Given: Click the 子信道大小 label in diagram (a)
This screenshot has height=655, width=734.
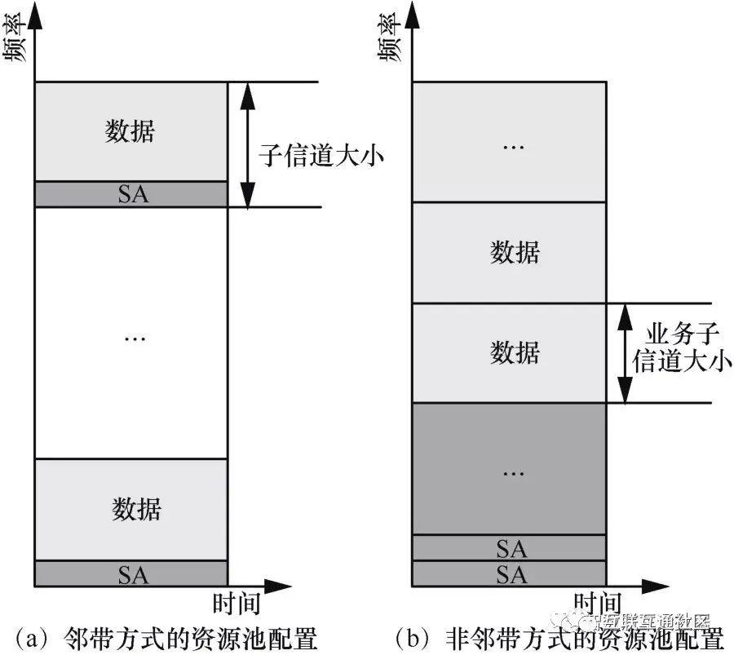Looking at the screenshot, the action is pyautogui.click(x=321, y=155).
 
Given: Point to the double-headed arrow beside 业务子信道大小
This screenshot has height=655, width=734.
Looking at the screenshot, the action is pyautogui.click(x=626, y=352).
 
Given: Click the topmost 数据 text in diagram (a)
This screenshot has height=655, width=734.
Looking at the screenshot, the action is pyautogui.click(x=130, y=131).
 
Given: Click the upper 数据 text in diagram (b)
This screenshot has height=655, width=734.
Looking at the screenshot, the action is pyautogui.click(x=515, y=252).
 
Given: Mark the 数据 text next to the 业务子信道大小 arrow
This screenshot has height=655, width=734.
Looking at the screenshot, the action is pyautogui.click(x=515, y=352).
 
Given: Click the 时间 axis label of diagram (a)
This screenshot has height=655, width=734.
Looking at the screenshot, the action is pyautogui.click(x=237, y=604).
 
